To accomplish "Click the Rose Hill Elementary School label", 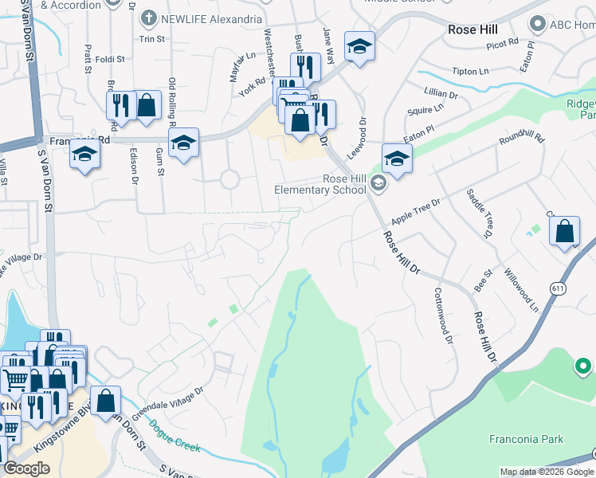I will [x=320, y=184].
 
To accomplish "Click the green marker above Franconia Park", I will [x=584, y=366].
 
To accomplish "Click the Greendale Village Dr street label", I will [x=167, y=404].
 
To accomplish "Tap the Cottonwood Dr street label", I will [x=443, y=315].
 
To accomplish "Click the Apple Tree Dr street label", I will [x=415, y=212].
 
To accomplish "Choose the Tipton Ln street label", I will [x=470, y=71].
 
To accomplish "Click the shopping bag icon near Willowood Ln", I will [x=564, y=232].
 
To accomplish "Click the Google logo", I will [x=26, y=468].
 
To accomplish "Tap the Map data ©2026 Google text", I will [x=545, y=472].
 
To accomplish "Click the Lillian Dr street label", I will [x=442, y=94].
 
